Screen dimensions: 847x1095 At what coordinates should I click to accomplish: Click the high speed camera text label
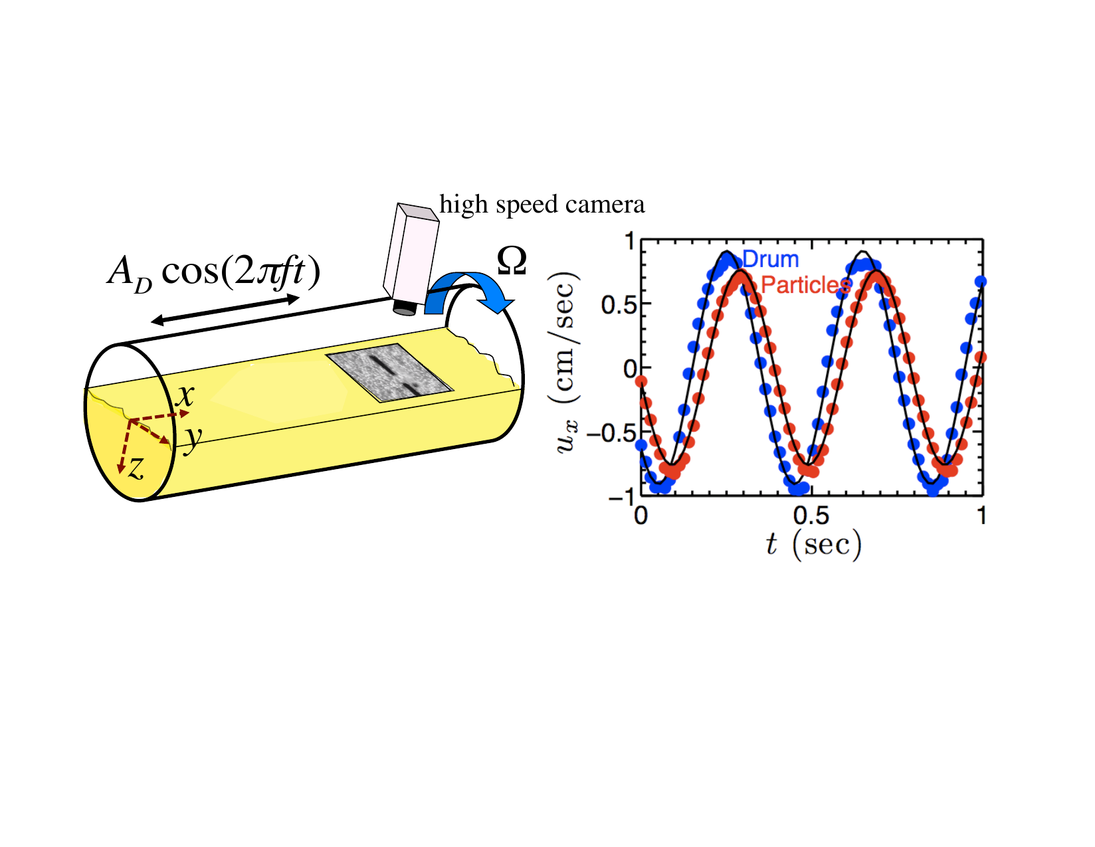(x=542, y=205)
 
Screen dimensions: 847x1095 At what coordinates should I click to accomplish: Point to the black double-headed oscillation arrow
(x=225, y=310)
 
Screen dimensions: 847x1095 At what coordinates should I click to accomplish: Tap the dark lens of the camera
(x=404, y=308)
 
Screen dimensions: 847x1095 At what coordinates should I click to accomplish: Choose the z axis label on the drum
(x=136, y=468)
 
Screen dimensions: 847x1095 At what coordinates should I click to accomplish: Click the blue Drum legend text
(x=771, y=259)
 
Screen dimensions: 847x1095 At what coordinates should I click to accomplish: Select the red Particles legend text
(x=805, y=285)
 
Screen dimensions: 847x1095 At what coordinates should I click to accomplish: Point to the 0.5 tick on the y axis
(x=617, y=304)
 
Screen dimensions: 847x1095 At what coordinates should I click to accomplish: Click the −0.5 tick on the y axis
(x=611, y=433)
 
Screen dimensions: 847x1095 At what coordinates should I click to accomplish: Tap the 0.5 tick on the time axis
(x=811, y=516)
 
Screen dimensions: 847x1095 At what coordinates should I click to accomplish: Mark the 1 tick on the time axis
(x=981, y=516)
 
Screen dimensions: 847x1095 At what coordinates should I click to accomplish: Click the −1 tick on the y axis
(x=621, y=496)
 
